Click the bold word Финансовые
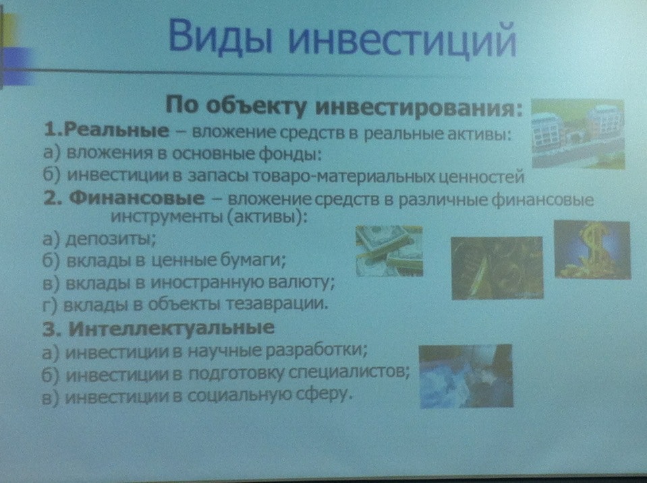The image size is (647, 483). (x=136, y=199)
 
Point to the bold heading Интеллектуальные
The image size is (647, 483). (x=171, y=327)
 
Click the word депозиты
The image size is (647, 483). (x=111, y=239)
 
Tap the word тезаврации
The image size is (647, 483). (x=277, y=304)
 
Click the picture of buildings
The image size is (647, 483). (x=578, y=134)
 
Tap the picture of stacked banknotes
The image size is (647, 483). (x=389, y=251)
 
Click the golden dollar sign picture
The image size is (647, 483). (x=592, y=250)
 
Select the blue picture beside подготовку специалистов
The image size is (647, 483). (x=466, y=377)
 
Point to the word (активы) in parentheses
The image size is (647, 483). (x=267, y=217)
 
